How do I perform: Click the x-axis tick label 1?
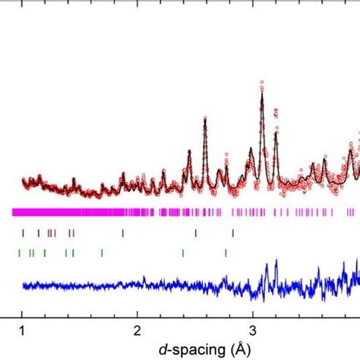click(22, 331)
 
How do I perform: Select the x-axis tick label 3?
click(253, 331)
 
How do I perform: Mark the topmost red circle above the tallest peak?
click(262, 81)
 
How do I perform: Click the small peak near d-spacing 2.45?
click(189, 151)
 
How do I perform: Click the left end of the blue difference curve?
click(23, 286)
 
